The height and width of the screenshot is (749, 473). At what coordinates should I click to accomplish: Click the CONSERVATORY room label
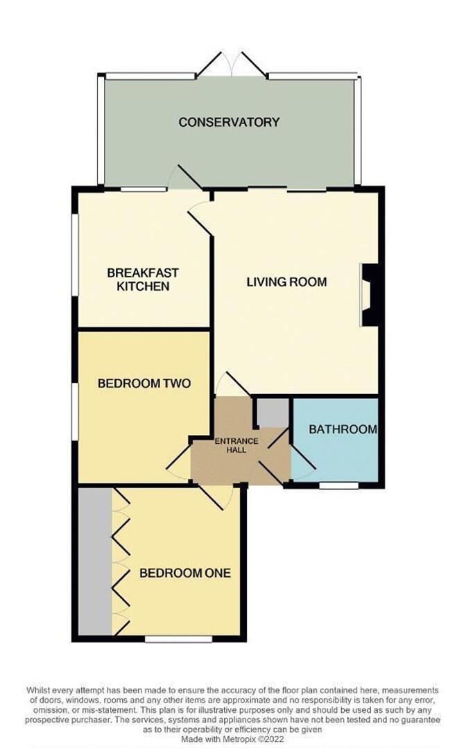point(229,122)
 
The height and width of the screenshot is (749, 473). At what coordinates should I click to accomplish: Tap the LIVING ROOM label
point(286,282)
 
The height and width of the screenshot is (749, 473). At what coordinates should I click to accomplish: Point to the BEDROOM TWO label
point(144,383)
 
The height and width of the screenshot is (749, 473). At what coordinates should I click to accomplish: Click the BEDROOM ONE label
point(184,574)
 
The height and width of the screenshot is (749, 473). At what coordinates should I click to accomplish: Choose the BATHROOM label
point(343,429)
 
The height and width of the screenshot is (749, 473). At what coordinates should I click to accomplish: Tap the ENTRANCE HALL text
point(237,445)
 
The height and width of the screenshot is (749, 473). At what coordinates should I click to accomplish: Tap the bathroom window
point(338,485)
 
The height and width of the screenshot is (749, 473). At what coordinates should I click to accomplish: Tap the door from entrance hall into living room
point(227,384)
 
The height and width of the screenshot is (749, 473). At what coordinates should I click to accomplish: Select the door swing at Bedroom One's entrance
point(219,496)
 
